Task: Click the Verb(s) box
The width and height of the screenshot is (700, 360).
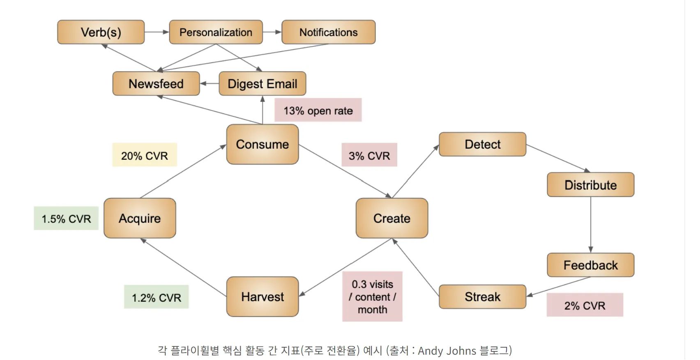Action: coord(101,32)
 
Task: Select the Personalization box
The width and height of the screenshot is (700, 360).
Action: coord(216,32)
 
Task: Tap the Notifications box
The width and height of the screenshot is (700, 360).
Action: coord(328,32)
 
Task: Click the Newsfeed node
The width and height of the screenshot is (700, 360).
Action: coord(156,84)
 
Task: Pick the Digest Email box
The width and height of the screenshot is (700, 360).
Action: coord(262,84)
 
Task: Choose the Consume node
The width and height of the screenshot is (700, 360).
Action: coord(262,144)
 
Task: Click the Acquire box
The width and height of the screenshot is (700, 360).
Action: coord(140,218)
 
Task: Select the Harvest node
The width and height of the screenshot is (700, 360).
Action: coord(262,297)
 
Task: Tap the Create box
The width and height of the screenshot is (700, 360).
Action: coord(392,218)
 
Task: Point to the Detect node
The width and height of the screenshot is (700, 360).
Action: coord(483,144)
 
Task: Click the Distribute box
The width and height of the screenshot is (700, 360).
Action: coord(591,185)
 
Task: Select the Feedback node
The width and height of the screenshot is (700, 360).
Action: coord(591,265)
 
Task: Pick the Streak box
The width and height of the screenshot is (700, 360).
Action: coord(483,297)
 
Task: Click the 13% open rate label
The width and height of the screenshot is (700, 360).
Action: coord(318,110)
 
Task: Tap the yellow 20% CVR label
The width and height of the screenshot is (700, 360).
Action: coord(145,155)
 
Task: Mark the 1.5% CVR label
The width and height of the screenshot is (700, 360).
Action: coord(66,218)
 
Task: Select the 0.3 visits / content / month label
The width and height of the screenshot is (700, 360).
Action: coord(372,297)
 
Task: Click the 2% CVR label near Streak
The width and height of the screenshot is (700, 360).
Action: coord(585,305)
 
